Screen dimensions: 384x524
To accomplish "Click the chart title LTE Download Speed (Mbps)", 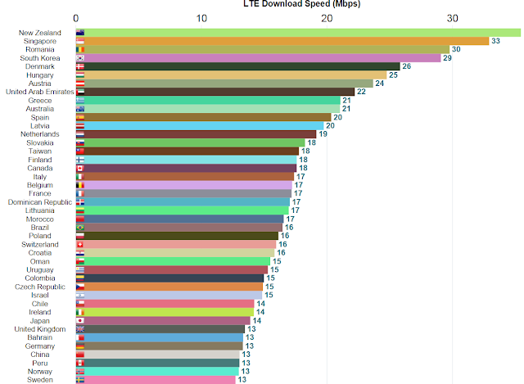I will coord(302,4).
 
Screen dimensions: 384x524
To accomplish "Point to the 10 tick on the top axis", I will coord(201,17).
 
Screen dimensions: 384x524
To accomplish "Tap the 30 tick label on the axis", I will coord(452,17).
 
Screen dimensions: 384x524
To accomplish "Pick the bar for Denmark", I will coord(237,66).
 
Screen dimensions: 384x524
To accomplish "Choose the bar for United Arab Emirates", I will coord(215,92).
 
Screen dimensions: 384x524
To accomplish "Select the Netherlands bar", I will coord(196,134).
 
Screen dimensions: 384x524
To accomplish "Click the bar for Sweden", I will coord(156,380).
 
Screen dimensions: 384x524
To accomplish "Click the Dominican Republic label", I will coord(40,202).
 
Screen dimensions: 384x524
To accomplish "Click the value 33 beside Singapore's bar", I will coord(495,41).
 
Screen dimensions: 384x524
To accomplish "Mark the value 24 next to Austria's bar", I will coord(380,84).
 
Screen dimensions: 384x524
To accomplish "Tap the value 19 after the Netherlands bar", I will coord(323,134).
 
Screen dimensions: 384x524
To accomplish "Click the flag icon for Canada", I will coord(79,168).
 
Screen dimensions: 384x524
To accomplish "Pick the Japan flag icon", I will coord(79,321).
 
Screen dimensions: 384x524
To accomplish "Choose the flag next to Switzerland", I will coord(79,244).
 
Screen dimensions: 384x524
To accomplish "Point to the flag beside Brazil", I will coord(79,228).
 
